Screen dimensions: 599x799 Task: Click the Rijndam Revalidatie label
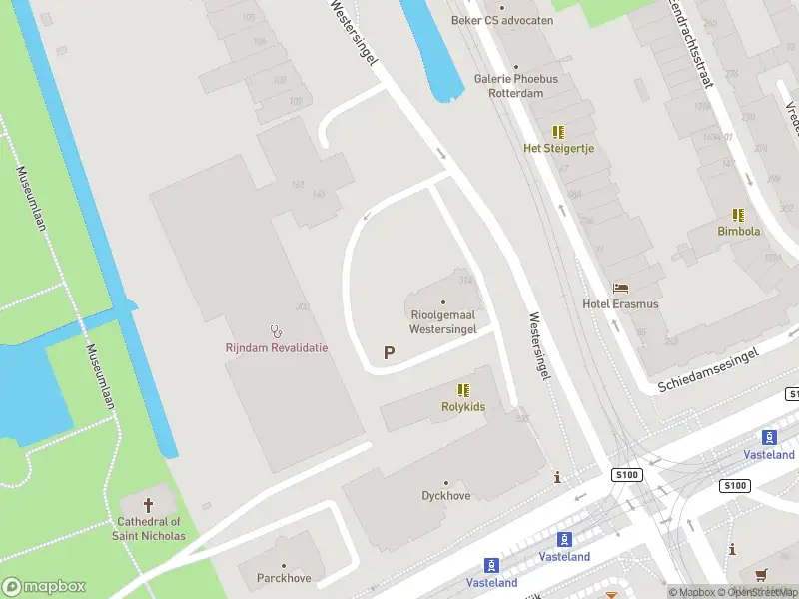pyautogui.click(x=276, y=348)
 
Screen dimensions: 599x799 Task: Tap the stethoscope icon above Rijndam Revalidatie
pyautogui.click(x=276, y=331)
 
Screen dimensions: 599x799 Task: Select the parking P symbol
pyautogui.click(x=390, y=352)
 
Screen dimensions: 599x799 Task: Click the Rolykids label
pyautogui.click(x=462, y=406)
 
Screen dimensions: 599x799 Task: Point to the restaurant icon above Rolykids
pyautogui.click(x=462, y=390)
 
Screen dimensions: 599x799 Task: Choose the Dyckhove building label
pyautogui.click(x=446, y=494)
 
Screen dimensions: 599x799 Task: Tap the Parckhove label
pyautogui.click(x=284, y=578)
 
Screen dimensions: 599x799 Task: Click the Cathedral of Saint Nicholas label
pyautogui.click(x=150, y=528)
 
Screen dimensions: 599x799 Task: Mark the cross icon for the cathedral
pyautogui.click(x=150, y=505)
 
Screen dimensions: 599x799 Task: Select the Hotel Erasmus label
pyautogui.click(x=621, y=304)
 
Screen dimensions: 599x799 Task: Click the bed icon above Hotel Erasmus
pyautogui.click(x=621, y=288)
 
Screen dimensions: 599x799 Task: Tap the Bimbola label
pyautogui.click(x=738, y=231)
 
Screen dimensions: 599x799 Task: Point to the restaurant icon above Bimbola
pyautogui.click(x=738, y=215)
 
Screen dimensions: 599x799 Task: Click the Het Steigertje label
pyautogui.click(x=558, y=148)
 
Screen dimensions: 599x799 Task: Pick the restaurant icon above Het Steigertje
pyautogui.click(x=558, y=132)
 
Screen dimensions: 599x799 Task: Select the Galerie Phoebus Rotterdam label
pyautogui.click(x=515, y=86)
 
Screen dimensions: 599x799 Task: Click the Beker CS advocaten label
pyautogui.click(x=501, y=19)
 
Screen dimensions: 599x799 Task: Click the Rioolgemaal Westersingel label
pyautogui.click(x=443, y=321)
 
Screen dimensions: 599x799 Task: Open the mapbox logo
pyautogui.click(x=43, y=587)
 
